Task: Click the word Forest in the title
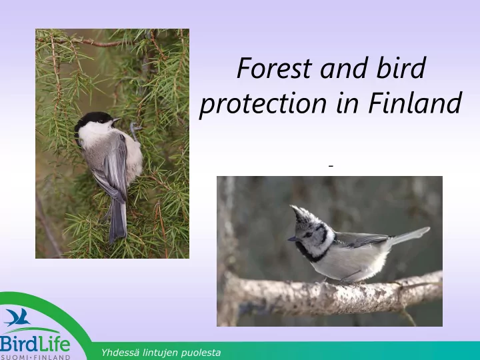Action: pyautogui.click(x=274, y=68)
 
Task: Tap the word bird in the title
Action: pyautogui.click(x=401, y=67)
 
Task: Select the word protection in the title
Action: pyautogui.click(x=263, y=103)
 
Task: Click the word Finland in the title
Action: pyautogui.click(x=415, y=102)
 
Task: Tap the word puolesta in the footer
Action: pyautogui.click(x=201, y=353)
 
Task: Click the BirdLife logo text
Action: pyautogui.click(x=35, y=344)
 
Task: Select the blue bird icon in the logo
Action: pyautogui.click(x=18, y=317)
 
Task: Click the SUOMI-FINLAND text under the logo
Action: pyautogui.click(x=35, y=357)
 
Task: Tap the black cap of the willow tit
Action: pyautogui.click(x=93, y=119)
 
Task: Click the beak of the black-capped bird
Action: pyautogui.click(x=117, y=120)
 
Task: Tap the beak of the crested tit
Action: pyautogui.click(x=292, y=239)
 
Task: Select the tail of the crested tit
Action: pyautogui.click(x=409, y=236)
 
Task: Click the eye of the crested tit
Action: pyautogui.click(x=308, y=234)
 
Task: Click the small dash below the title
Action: pyautogui.click(x=331, y=166)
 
